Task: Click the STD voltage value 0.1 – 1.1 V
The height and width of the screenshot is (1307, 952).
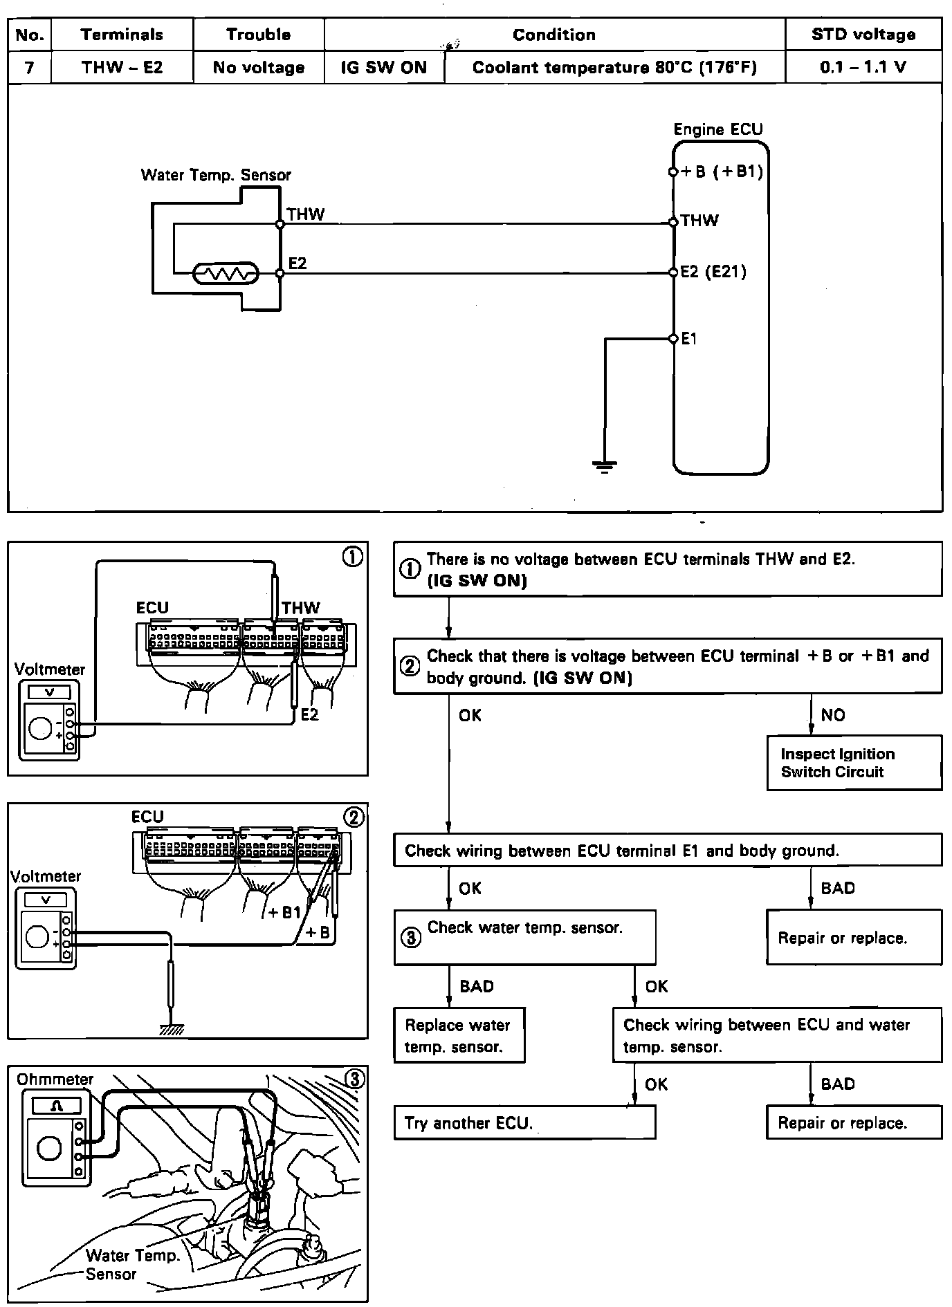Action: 863,68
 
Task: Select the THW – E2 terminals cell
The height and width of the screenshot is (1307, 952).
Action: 122,68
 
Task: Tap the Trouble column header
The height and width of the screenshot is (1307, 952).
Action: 258,35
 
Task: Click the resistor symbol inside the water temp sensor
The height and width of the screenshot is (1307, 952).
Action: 226,274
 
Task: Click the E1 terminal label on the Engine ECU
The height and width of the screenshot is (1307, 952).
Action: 689,339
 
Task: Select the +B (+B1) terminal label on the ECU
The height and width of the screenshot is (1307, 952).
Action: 722,172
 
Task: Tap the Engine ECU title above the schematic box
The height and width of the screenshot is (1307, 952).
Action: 717,129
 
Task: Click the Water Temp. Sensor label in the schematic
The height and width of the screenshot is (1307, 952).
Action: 216,175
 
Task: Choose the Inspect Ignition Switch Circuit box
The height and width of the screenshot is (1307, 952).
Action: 854,763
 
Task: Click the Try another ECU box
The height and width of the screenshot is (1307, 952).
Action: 524,1123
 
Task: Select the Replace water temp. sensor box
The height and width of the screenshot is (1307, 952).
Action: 459,1035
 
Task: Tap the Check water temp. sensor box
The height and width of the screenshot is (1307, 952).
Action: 524,937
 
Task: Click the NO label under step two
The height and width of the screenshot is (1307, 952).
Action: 833,715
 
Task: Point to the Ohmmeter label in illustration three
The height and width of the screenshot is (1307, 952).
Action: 55,1079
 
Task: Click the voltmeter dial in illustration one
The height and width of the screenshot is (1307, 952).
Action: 40,728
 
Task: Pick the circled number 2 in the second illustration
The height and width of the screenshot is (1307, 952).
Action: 353,817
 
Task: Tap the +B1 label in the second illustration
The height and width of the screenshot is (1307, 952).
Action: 285,913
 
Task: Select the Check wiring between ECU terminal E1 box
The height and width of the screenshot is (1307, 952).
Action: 668,851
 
